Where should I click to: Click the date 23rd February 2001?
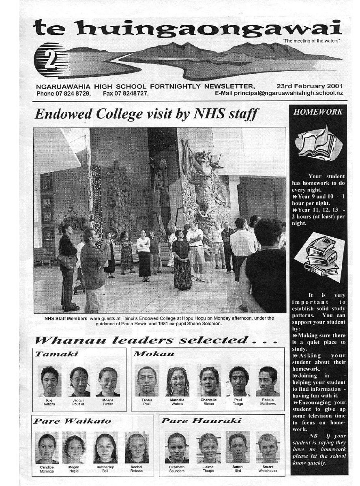(310, 86)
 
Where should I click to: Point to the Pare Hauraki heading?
(201, 421)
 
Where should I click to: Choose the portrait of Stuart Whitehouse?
(268, 448)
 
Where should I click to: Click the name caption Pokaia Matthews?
(268, 401)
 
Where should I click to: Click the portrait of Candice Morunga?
(47, 448)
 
